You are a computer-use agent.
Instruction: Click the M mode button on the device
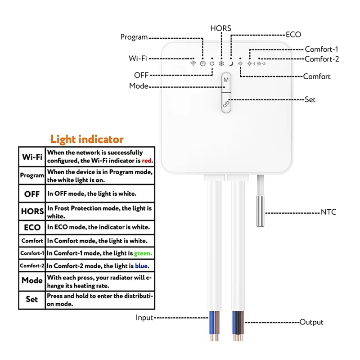tap(226, 80)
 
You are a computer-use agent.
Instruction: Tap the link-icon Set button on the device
tap(226, 103)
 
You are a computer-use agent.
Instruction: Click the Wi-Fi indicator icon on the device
tap(193, 63)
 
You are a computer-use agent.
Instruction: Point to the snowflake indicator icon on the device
tap(221, 63)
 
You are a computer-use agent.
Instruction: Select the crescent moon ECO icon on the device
tap(230, 63)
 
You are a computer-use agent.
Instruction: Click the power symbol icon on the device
tap(212, 63)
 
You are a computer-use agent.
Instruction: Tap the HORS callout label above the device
tap(220, 28)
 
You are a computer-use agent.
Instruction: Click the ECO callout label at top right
tap(293, 34)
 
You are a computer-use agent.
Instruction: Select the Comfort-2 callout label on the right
tap(322, 59)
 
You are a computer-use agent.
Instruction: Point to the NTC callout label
tap(328, 212)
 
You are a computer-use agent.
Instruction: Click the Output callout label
tap(311, 322)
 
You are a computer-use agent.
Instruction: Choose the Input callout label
tap(144, 318)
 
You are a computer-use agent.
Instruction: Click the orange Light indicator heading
tap(87, 139)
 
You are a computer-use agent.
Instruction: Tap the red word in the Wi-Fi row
tap(148, 160)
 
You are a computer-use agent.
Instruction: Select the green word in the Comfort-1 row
tap(143, 253)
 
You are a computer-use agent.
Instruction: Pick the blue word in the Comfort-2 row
tap(142, 266)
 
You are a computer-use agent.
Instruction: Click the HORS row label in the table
tap(32, 211)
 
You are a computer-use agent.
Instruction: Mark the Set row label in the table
tap(32, 299)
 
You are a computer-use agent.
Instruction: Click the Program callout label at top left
tap(134, 37)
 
